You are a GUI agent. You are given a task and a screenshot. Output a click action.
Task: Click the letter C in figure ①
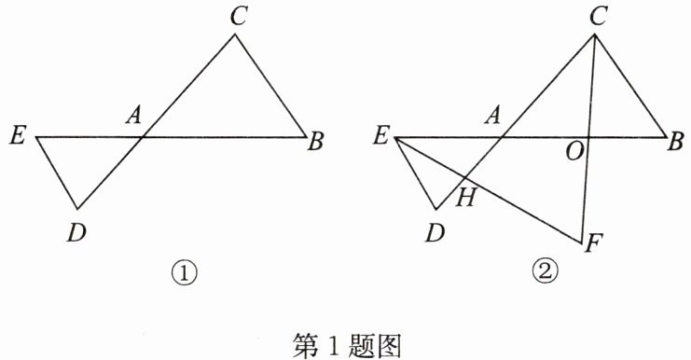pos(238,17)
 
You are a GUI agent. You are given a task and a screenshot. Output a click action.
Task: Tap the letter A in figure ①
pos(134,116)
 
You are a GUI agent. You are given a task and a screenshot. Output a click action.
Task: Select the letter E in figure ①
pos(18,135)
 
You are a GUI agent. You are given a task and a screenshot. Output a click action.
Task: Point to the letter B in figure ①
pos(315,142)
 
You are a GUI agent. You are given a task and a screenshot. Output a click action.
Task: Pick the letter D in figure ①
pos(76,232)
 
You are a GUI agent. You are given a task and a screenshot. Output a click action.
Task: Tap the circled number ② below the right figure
pos(546,272)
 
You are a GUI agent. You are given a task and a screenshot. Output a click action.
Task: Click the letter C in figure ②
pos(598,17)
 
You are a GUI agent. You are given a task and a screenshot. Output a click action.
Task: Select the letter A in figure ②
pos(493,116)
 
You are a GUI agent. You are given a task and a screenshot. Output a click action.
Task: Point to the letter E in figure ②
pos(381,135)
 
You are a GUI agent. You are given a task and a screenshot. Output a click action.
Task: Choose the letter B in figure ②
pos(675,142)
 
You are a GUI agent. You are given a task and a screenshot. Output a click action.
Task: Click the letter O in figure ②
pos(575,152)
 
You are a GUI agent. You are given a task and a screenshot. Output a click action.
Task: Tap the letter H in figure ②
pos(466,197)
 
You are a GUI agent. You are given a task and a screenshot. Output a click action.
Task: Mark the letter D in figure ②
pos(435,232)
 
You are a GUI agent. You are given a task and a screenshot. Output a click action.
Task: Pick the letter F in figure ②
pos(593,243)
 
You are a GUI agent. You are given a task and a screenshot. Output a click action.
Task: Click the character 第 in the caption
pos(305,344)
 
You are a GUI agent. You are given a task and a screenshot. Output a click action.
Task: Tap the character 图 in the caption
pos(388,344)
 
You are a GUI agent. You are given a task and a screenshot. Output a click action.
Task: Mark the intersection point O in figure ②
pos(588,137)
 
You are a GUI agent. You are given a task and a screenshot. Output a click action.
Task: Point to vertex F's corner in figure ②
pos(583,242)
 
